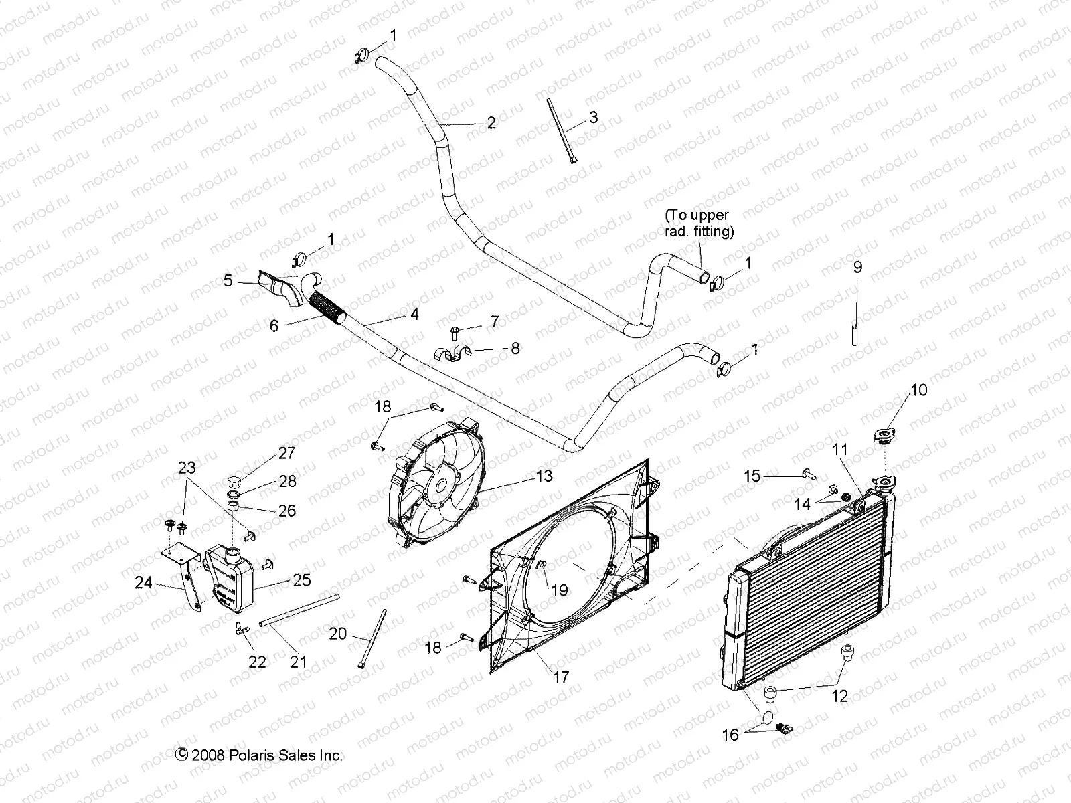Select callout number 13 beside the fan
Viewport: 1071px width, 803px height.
pyautogui.click(x=544, y=476)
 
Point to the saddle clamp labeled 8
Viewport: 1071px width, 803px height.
pyautogui.click(x=451, y=353)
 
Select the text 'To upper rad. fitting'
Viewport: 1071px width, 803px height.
pyautogui.click(x=699, y=224)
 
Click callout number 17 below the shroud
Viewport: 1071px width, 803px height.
pyautogui.click(x=561, y=677)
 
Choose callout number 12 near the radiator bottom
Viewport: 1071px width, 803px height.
pyautogui.click(x=839, y=696)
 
